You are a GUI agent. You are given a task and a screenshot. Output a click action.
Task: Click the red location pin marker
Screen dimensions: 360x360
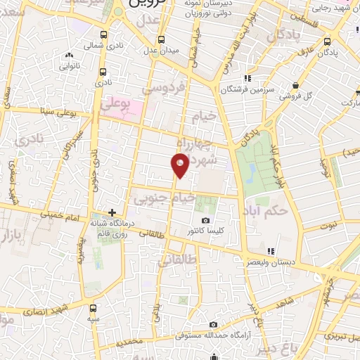[180, 164]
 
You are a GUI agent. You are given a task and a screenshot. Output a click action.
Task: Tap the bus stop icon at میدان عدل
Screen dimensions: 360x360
[162, 39]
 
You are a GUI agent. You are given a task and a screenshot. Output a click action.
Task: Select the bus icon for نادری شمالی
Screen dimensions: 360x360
[104, 35]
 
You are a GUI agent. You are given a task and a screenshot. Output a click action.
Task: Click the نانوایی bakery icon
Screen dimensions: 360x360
[69, 56]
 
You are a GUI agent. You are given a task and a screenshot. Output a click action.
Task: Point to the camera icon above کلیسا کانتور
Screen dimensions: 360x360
[205, 220]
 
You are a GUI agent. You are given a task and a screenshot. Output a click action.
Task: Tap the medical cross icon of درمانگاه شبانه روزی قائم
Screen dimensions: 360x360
[112, 212]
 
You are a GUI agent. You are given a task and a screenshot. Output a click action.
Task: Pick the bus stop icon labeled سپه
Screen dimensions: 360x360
[93, 308]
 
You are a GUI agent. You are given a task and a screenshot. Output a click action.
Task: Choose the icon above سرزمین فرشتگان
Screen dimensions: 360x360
[247, 78]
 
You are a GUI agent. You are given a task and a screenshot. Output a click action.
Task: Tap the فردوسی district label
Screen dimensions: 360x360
[163, 89]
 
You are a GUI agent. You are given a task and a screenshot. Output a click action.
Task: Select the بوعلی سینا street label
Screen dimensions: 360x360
[58, 110]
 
